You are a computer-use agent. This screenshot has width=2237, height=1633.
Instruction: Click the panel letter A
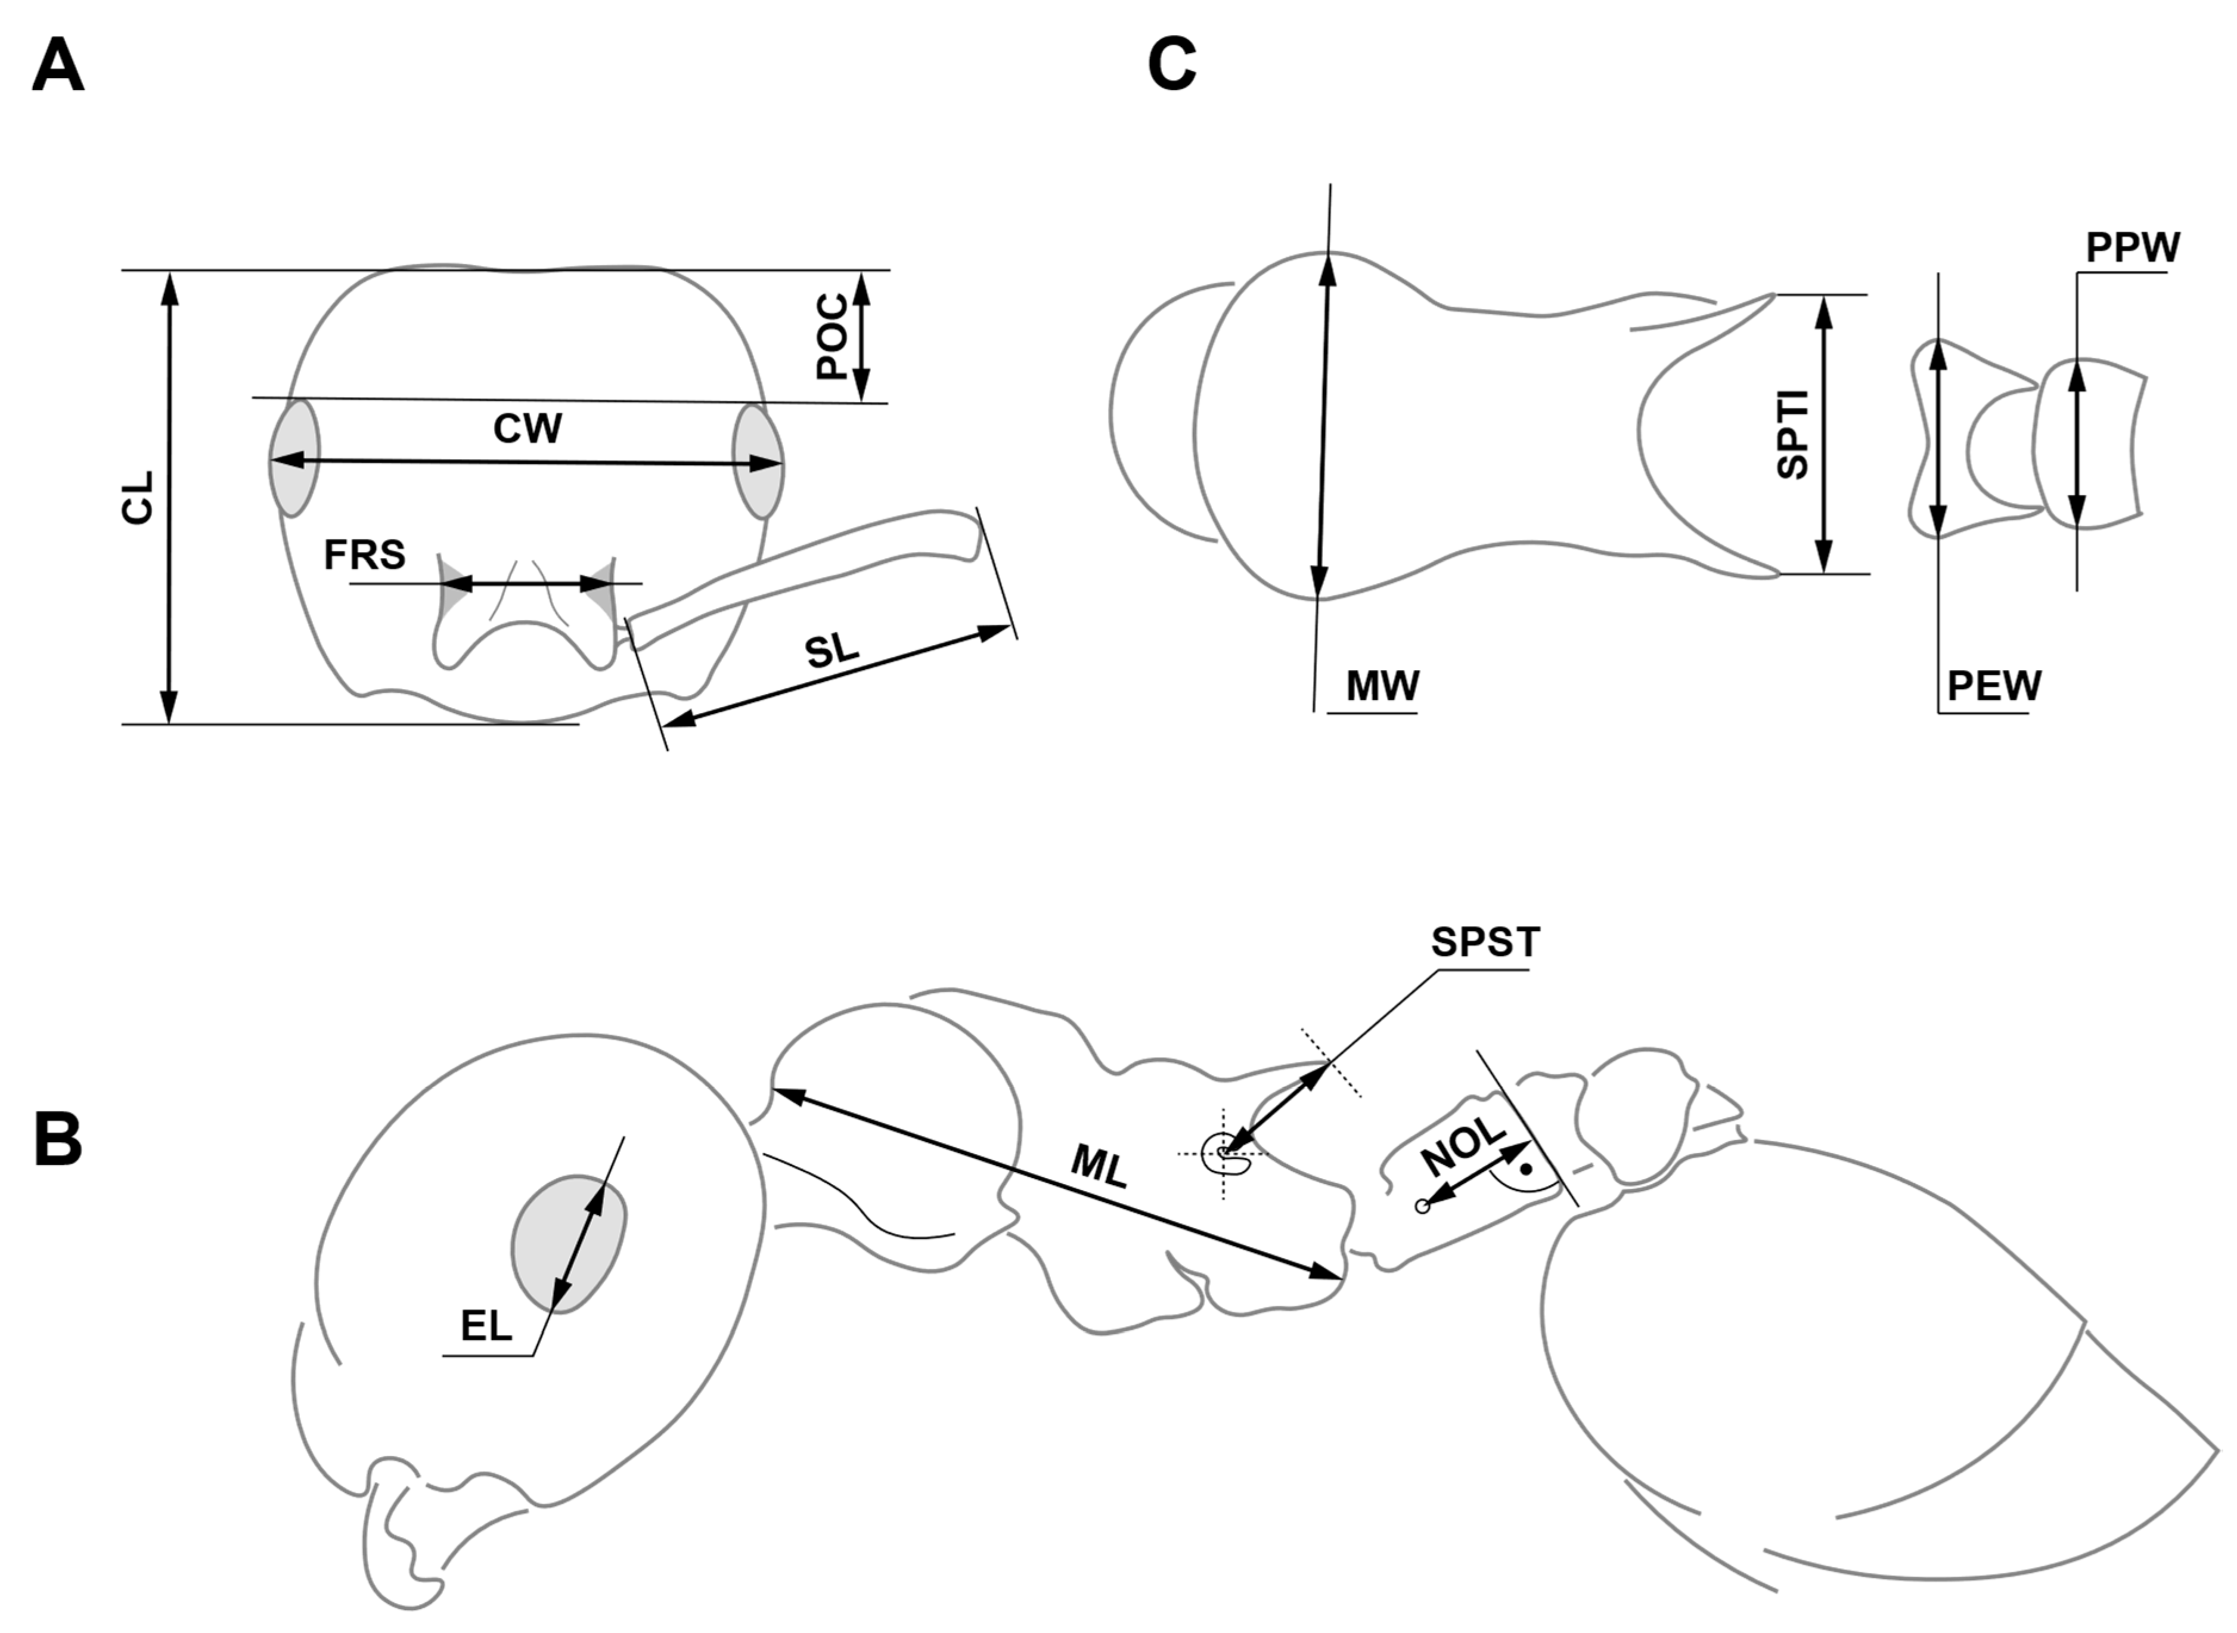[57, 68]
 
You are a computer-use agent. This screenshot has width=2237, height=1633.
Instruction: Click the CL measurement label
[138, 497]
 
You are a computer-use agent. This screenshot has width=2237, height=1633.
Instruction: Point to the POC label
[833, 336]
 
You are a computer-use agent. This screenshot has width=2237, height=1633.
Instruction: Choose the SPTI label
[1792, 435]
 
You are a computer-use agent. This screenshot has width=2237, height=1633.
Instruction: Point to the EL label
[486, 1327]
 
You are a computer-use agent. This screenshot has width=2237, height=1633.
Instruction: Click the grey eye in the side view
[568, 1244]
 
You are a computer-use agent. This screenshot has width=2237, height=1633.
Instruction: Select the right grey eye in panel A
[758, 461]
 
